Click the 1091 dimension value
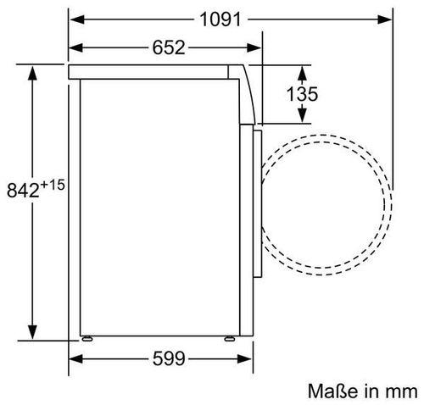(220, 19)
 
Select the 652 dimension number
(169, 47)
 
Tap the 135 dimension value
(302, 94)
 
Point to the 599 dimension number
(169, 359)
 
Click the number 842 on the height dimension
(23, 190)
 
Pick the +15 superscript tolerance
(53, 185)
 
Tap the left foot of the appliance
(87, 338)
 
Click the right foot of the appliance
(230, 338)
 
